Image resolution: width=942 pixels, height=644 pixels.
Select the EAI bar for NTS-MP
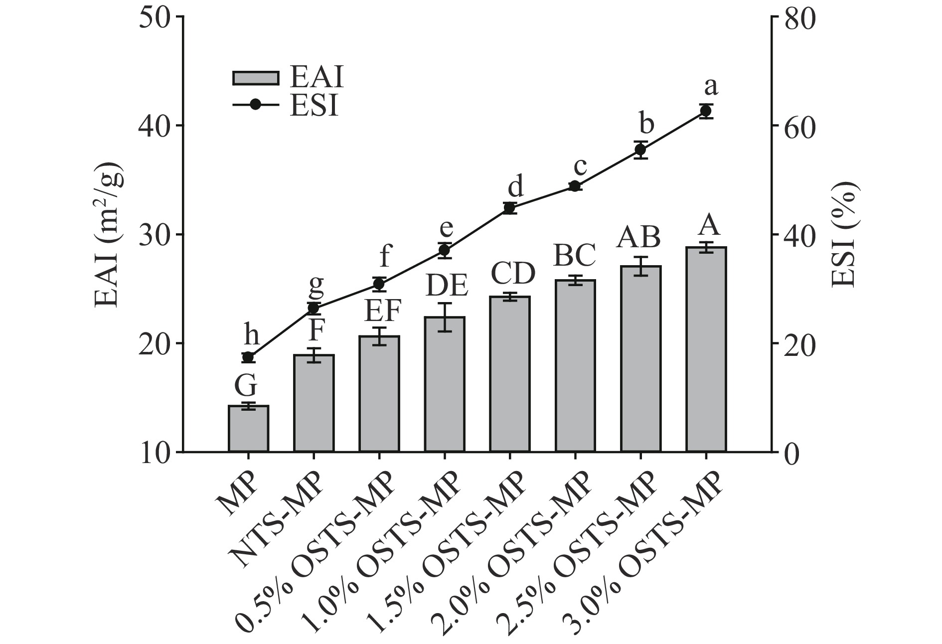[314, 403]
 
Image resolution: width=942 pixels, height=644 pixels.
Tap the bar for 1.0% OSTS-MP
[445, 384]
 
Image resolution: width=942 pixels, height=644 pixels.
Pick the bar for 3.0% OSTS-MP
[706, 349]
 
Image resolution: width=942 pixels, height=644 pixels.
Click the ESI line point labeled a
[705, 111]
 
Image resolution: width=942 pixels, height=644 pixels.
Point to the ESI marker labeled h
[248, 357]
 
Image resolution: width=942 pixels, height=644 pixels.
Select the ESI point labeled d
[509, 208]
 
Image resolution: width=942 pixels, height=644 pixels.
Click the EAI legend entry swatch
[255, 78]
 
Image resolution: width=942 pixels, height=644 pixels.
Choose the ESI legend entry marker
[255, 105]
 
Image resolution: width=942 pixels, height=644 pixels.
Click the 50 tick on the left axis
[156, 16]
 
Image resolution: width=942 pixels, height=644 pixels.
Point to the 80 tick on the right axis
[797, 16]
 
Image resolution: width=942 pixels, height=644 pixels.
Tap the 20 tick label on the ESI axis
[797, 343]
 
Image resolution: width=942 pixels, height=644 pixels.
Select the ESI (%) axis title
[843, 234]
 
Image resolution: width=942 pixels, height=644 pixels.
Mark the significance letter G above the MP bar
[246, 386]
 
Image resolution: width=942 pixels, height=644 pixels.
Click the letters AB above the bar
[638, 237]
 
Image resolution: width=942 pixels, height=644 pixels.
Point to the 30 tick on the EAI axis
[156, 234]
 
